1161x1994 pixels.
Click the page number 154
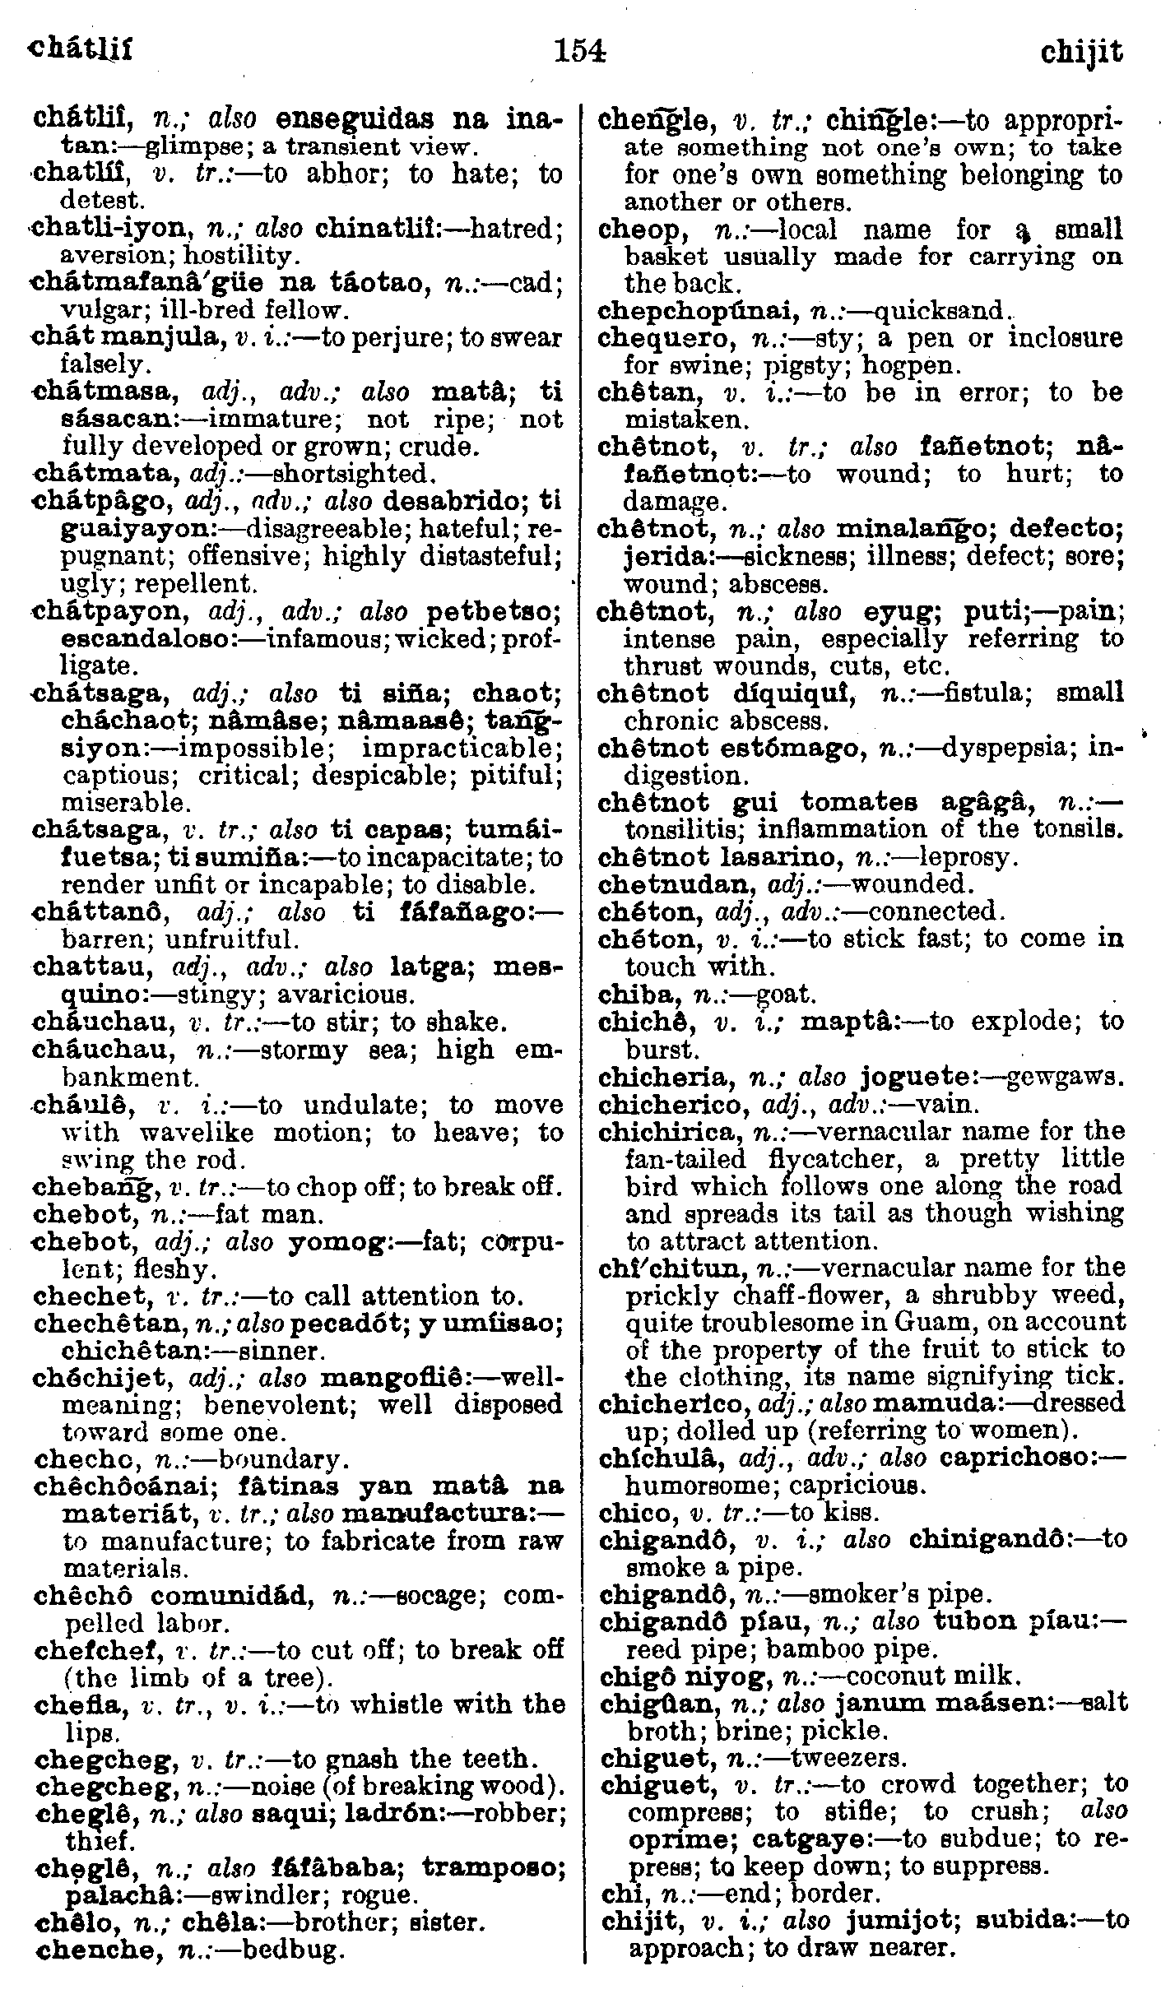coord(580,52)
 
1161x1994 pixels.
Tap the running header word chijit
coord(1080,53)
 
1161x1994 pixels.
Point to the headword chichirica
coord(667,1132)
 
